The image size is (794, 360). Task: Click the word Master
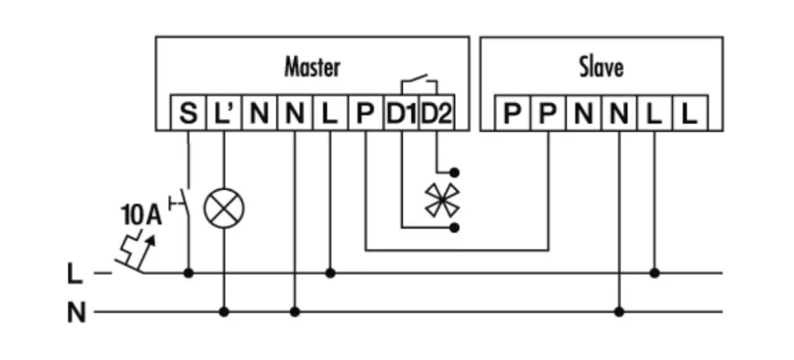[x=312, y=66]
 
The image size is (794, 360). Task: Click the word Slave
[x=601, y=66]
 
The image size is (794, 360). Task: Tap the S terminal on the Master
[x=188, y=114]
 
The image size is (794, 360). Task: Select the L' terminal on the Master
[x=223, y=114]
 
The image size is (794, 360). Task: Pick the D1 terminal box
[x=401, y=114]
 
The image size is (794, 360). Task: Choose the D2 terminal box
[x=436, y=114]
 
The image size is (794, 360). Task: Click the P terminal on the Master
[x=365, y=114]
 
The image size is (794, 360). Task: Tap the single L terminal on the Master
[x=330, y=114]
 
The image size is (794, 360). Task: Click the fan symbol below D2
[x=436, y=200]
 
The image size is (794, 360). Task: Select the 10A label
[x=140, y=216]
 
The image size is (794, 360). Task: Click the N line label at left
[x=74, y=313]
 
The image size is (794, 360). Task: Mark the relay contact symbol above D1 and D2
[x=418, y=82]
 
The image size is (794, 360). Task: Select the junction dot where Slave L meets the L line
[x=654, y=272]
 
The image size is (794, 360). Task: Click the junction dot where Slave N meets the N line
[x=619, y=312]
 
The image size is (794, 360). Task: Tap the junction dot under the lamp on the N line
[x=223, y=312]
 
